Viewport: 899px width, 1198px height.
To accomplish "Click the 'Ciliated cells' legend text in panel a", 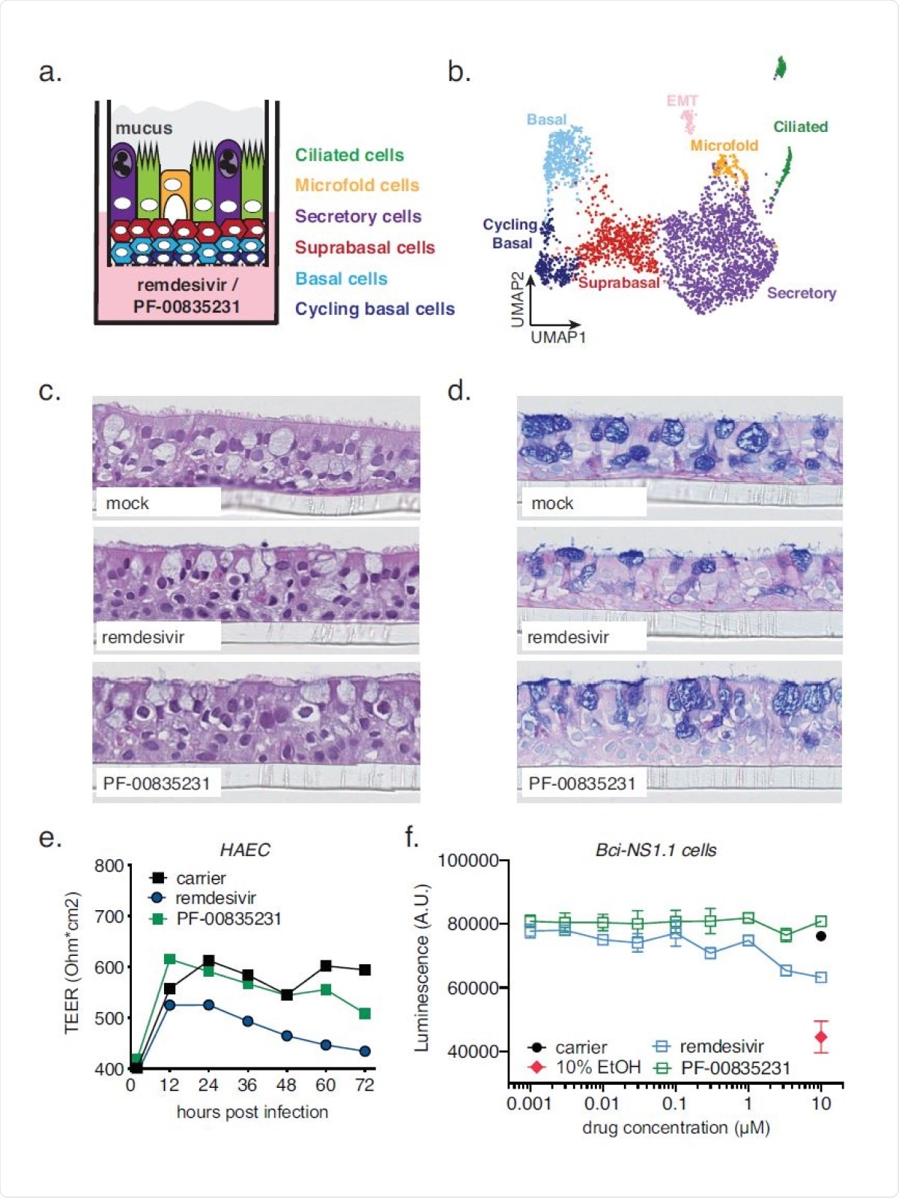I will coord(349,155).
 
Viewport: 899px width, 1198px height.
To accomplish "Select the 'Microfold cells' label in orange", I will coord(357,185).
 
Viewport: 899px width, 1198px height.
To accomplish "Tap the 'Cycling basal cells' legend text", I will coord(375,309).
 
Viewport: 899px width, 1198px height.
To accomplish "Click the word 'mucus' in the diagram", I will coord(144,128).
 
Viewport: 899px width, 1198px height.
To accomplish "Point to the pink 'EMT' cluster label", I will coord(682,100).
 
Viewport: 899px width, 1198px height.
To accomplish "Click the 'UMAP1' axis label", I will coord(558,337).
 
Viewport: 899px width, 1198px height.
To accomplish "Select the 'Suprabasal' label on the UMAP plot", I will coord(619,283).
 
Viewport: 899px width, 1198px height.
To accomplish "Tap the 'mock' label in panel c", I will coord(127,503).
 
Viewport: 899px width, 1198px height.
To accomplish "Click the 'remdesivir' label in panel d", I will coord(568,637).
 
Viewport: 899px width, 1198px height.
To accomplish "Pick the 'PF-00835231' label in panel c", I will coord(157,783).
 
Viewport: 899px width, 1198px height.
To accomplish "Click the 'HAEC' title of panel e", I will coord(245,849).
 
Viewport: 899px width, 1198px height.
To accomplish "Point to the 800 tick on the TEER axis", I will coord(109,866).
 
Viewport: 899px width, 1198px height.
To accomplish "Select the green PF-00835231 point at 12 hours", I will coord(169,959).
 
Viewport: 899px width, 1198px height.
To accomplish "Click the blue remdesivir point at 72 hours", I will coord(365,1051).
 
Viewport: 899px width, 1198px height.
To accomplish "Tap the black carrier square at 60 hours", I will coord(326,966).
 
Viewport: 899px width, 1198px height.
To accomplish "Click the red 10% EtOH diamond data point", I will coord(821,1038).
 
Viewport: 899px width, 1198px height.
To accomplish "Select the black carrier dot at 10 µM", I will coord(821,936).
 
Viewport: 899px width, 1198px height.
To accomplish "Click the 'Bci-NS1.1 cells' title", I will coord(656,850).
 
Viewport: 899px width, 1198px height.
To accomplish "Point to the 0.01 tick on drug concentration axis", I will coord(602,1104).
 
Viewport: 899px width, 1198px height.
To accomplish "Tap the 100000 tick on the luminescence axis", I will coord(468,861).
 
